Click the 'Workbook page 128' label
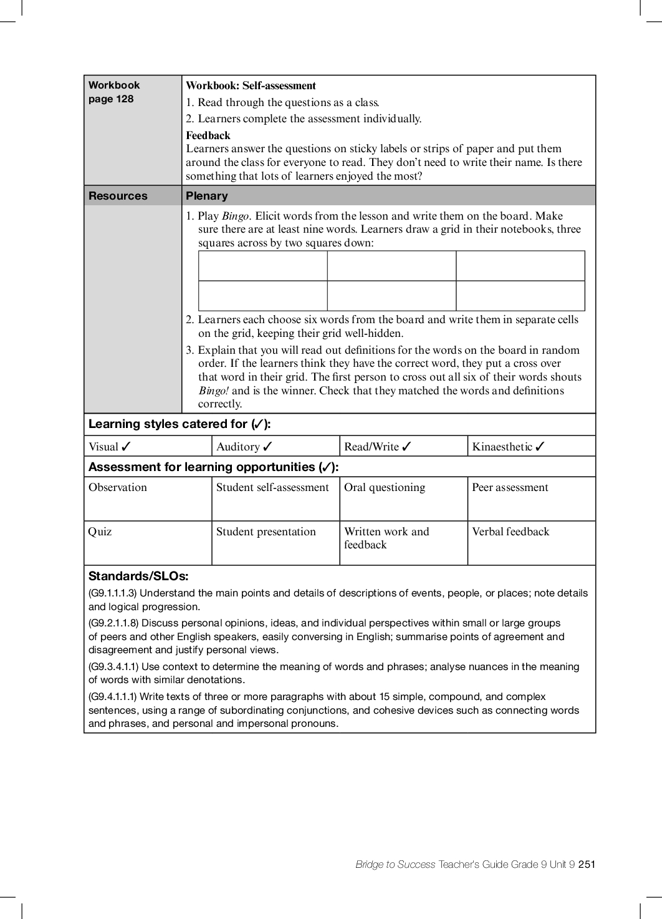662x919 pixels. [114, 92]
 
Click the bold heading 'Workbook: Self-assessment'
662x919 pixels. [251, 85]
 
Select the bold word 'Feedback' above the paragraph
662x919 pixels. [208, 135]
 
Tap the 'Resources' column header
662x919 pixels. [118, 196]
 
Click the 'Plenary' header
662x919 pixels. [207, 196]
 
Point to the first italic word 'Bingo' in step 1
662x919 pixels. [235, 216]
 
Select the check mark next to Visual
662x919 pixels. [127, 447]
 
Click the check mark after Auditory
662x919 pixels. [268, 447]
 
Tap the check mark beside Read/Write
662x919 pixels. [407, 447]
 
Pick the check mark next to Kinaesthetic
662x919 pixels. [540, 447]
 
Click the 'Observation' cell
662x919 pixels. [118, 488]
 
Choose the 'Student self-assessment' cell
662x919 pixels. [272, 488]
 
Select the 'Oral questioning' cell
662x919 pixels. [385, 488]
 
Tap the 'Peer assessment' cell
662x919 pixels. [510, 488]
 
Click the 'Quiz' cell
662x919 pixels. [100, 532]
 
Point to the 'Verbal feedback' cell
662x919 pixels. [511, 532]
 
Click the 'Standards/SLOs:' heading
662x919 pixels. [138, 576]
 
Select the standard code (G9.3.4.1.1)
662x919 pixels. [113, 666]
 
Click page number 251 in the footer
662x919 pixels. [587, 864]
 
